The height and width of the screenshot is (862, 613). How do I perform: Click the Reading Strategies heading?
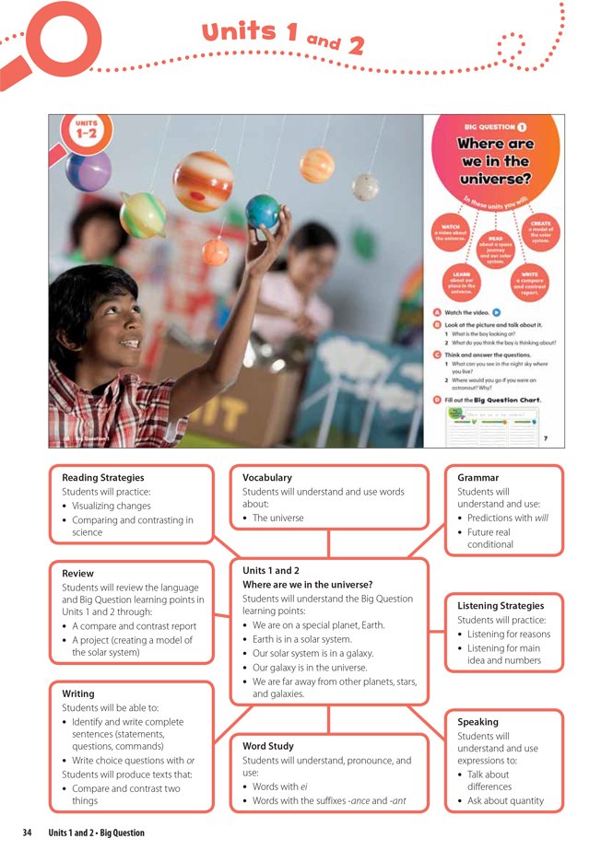click(103, 478)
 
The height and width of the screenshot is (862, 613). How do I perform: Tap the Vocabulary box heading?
click(267, 478)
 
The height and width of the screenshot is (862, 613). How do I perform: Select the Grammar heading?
click(478, 478)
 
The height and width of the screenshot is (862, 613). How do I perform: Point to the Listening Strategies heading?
click(501, 606)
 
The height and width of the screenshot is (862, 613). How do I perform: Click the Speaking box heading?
click(478, 722)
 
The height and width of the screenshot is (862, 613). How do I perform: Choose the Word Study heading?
click(268, 746)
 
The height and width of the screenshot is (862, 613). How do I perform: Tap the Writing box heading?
click(77, 693)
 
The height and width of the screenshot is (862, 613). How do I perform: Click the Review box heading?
click(77, 573)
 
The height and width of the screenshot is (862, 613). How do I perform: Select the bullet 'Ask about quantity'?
click(505, 801)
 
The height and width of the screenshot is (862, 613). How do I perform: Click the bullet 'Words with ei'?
click(288, 787)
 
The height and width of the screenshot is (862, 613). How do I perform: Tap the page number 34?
click(28, 833)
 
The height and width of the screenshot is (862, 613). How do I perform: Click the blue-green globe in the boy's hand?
click(263, 211)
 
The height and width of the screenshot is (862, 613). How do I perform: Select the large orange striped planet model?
click(203, 181)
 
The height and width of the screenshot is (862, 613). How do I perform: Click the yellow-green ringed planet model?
click(143, 215)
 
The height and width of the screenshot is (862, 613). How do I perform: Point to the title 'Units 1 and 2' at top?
click(283, 36)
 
